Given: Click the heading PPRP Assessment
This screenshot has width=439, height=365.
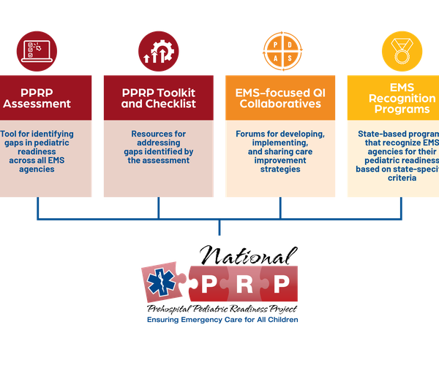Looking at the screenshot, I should click(x=37, y=98).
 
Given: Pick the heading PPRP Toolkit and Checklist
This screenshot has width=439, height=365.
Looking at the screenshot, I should click(x=159, y=98).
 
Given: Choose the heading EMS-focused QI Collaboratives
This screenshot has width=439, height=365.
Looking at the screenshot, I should click(x=280, y=98).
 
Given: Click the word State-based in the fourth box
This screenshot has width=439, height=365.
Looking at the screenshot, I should click(x=381, y=134).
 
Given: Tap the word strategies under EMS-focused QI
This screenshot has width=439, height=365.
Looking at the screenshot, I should click(x=280, y=169).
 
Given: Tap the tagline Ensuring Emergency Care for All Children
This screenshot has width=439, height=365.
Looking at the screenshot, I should click(x=222, y=320).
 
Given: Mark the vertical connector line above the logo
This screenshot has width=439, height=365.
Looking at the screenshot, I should click(x=219, y=227).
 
